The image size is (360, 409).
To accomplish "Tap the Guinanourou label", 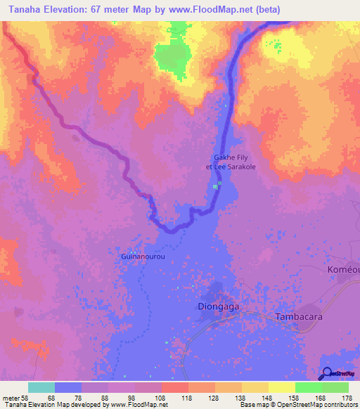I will coord(143,257).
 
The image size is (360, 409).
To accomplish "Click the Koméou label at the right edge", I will coord(344,270).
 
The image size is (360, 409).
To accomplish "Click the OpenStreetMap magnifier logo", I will coord(326,373).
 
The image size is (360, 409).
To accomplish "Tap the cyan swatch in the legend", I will coord(41,387).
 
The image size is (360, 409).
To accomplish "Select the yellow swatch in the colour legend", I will coord(282,387).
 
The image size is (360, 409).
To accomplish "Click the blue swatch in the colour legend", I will coord(68,387).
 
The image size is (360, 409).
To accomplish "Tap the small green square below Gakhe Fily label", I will coord(219,184).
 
